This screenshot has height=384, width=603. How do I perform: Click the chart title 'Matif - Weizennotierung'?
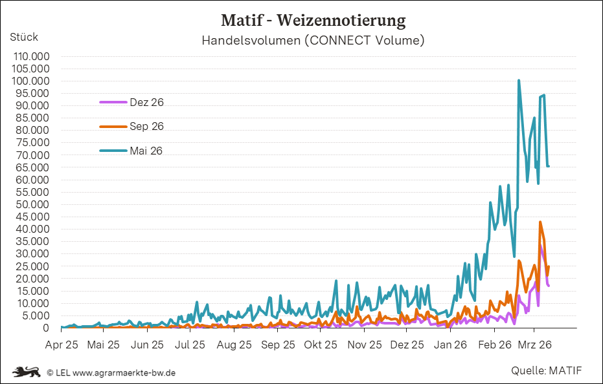pyautogui.click(x=313, y=20)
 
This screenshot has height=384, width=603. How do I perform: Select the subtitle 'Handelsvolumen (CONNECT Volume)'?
pyautogui.click(x=313, y=41)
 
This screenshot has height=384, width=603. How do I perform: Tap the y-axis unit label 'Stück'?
pyautogui.click(x=24, y=37)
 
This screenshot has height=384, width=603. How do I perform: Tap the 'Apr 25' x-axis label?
pyautogui.click(x=62, y=345)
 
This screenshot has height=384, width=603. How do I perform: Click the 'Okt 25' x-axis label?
pyautogui.click(x=321, y=345)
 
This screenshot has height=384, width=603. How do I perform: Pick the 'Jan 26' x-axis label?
pyautogui.click(x=451, y=345)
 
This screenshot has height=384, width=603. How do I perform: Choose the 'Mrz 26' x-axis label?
pyautogui.click(x=535, y=345)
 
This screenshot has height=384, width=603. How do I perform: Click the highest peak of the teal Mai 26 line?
pyautogui.click(x=519, y=81)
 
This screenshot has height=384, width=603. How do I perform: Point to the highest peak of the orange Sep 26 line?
pyautogui.click(x=540, y=222)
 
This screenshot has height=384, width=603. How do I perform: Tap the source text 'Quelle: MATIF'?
pyautogui.click(x=546, y=370)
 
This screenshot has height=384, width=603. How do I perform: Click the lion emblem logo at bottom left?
pyautogui.click(x=27, y=372)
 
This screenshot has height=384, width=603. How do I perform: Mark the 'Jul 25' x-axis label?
pyautogui.click(x=191, y=345)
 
